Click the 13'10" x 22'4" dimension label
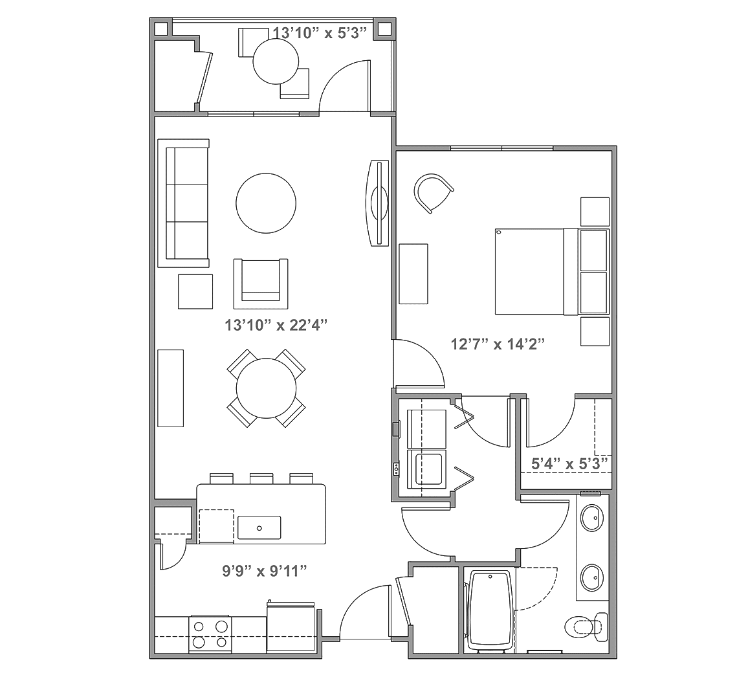click(x=276, y=325)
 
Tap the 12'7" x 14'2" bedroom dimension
click(x=498, y=344)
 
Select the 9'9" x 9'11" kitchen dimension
click(x=265, y=571)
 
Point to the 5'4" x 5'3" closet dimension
click(x=569, y=464)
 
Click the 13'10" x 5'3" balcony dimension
click(x=320, y=33)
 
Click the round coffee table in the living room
click(x=266, y=203)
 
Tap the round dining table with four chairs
click(x=266, y=388)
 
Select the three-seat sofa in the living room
click(x=183, y=203)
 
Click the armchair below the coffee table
click(x=261, y=283)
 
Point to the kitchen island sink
click(x=259, y=527)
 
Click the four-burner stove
click(x=210, y=634)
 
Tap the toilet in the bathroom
click(x=588, y=627)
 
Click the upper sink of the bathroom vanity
click(x=592, y=518)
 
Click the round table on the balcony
click(x=276, y=61)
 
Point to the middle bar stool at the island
click(x=262, y=478)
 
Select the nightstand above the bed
click(x=595, y=211)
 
